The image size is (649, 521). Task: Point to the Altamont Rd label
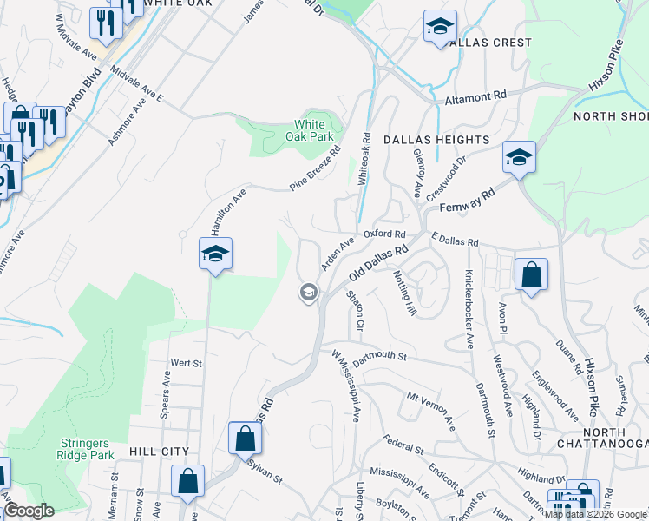pos(475,98)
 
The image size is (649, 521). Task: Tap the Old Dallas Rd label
pos(378,263)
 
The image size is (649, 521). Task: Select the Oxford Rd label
pos(384,234)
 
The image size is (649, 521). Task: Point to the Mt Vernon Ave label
pos(431,411)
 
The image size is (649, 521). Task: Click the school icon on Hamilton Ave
pos(214,254)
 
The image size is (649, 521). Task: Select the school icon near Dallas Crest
pos(440,26)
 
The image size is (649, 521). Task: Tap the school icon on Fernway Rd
pos(518,157)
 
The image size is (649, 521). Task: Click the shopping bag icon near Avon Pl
pos(531,274)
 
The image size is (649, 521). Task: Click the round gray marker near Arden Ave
pos(307,293)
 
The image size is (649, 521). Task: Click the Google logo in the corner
pos(29,511)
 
